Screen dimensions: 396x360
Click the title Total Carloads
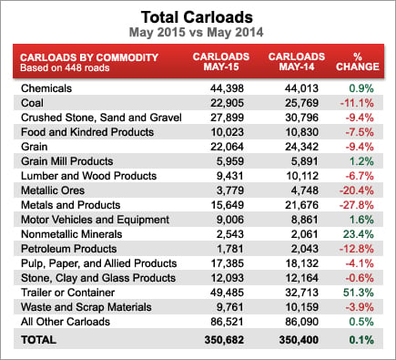[x=197, y=17]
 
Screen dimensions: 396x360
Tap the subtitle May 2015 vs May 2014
[x=197, y=33]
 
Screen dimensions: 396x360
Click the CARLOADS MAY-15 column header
[x=221, y=61]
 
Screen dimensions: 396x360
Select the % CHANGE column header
[x=358, y=61]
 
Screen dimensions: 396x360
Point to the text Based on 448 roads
[x=65, y=67]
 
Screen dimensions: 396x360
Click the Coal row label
[x=32, y=103]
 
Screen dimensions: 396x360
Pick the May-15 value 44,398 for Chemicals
[x=227, y=88]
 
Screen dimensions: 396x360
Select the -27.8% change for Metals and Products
[x=356, y=205]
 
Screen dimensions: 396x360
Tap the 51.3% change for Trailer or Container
[x=359, y=293]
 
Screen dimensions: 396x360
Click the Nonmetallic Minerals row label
[x=72, y=234]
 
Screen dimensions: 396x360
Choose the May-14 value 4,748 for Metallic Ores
[x=305, y=190]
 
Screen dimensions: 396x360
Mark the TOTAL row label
[x=38, y=340]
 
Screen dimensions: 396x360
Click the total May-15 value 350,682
[x=224, y=340]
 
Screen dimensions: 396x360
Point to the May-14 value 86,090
[x=302, y=322]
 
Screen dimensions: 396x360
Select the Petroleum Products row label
[x=69, y=249]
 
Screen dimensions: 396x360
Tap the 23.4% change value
[x=359, y=234]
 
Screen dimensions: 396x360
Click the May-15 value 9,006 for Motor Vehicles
[x=230, y=220]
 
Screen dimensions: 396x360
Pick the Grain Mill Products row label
[x=67, y=161]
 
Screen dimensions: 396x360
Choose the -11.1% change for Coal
[x=357, y=103]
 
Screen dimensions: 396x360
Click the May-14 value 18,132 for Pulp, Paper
[x=302, y=263]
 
